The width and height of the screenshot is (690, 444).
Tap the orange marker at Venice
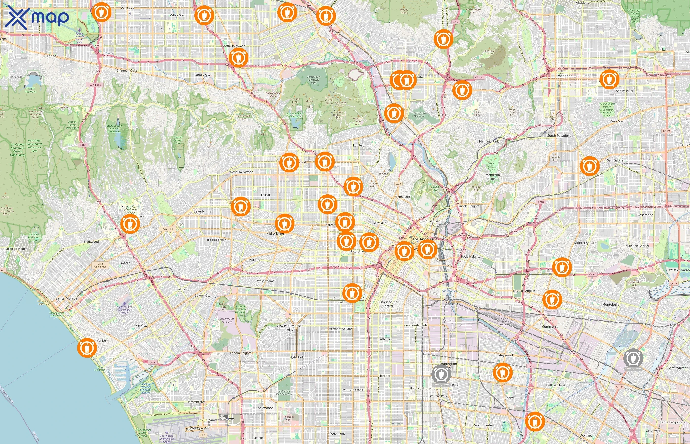(87, 348)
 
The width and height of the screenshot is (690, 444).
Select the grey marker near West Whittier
(633, 358)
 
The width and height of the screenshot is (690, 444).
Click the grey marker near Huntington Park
(441, 374)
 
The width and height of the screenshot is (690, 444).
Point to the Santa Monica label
(66, 298)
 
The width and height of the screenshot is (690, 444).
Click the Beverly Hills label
(203, 211)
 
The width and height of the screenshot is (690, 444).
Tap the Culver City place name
(203, 296)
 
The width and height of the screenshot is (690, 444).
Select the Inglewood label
(264, 408)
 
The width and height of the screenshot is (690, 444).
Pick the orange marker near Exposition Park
(352, 293)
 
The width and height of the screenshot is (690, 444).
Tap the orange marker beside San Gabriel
(589, 166)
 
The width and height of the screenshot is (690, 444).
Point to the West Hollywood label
(241, 172)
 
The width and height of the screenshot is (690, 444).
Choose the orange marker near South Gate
(535, 421)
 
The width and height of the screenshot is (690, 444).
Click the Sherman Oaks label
(127, 70)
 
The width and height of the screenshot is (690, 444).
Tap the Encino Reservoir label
(31, 90)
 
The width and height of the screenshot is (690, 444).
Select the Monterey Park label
(585, 243)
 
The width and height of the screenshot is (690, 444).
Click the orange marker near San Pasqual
(609, 79)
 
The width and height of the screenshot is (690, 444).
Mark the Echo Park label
(403, 197)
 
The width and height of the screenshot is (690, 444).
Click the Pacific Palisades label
(16, 249)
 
